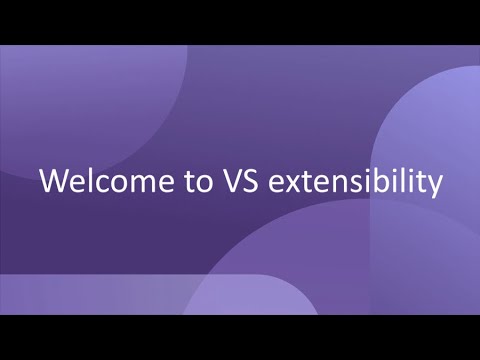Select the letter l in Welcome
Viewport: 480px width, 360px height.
click(84, 182)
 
